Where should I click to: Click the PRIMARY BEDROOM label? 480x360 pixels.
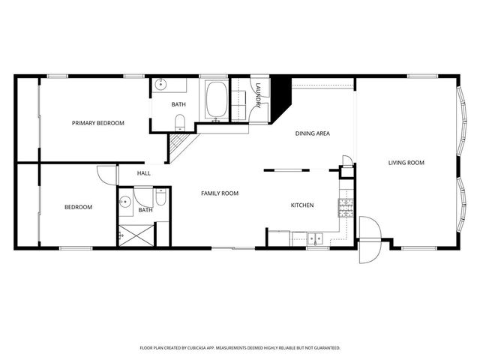[98, 123]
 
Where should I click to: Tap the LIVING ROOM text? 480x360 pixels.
[406, 163]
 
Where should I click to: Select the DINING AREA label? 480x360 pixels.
[312, 133]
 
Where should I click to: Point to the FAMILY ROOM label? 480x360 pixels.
[220, 193]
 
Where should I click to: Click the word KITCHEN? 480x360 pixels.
[302, 205]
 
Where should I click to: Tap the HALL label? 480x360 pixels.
[144, 173]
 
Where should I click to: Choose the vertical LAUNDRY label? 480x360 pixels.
[257, 94]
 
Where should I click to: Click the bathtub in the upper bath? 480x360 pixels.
[217, 100]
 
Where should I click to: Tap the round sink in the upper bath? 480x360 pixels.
[161, 85]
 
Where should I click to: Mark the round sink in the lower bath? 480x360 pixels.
[125, 201]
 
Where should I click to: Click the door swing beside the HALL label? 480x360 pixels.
[106, 174]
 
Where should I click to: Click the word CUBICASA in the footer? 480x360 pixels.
[212, 348]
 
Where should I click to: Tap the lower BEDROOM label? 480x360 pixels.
[78, 207]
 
